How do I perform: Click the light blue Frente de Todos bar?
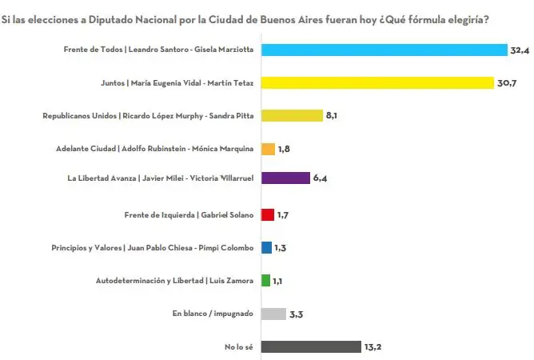point(384,50)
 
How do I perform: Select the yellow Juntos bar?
point(377,82)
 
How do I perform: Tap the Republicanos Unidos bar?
point(291,115)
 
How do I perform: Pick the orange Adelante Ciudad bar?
point(268,149)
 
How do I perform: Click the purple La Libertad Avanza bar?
point(285,178)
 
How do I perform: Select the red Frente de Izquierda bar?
point(267,214)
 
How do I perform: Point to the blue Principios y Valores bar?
point(266,247)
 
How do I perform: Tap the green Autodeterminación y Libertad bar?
point(265,280)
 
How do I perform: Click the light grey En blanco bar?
point(273,314)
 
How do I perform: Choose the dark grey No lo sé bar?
point(311,346)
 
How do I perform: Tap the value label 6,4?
point(321,178)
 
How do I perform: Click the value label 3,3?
point(297,314)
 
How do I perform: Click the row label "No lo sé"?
point(237,346)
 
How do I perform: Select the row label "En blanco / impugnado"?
point(213,314)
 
